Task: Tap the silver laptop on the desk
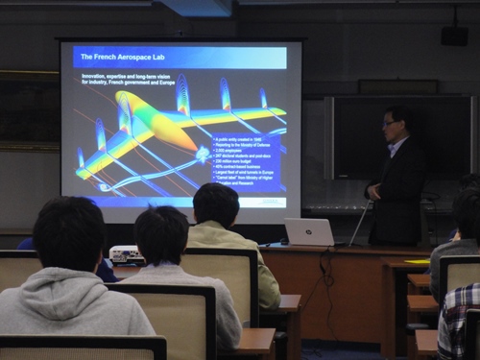(309, 231)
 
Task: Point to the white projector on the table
(127, 254)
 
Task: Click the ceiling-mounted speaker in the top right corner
(454, 36)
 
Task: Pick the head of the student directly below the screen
(216, 204)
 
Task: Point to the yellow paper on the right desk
(417, 261)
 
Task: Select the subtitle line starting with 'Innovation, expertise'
(135, 79)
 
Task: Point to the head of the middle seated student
(161, 236)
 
